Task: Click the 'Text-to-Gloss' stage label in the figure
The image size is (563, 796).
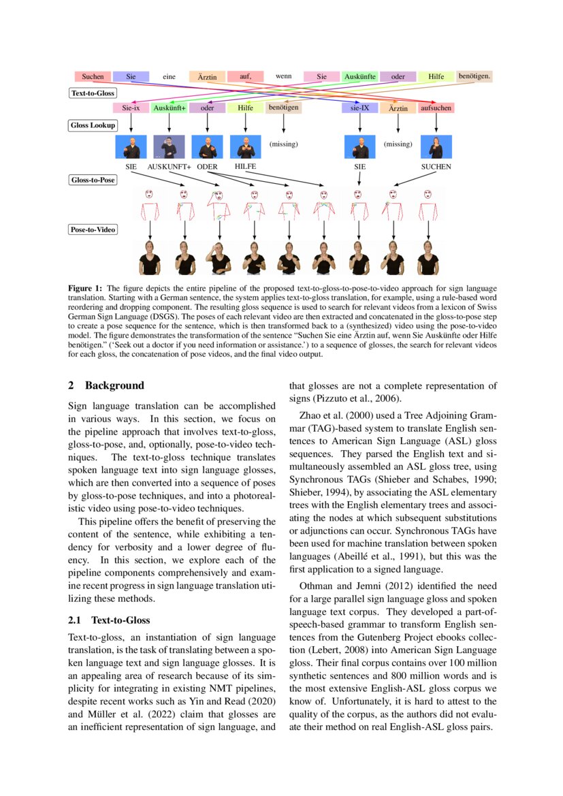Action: (93, 93)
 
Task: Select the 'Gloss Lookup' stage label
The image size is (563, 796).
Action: (93, 125)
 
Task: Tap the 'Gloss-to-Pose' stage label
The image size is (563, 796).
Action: (93, 180)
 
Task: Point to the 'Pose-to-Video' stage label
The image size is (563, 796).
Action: (93, 229)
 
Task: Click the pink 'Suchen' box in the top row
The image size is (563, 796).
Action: (93, 77)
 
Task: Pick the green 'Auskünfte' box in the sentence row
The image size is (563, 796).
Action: (360, 77)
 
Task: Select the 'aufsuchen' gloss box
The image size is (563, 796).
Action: (436, 108)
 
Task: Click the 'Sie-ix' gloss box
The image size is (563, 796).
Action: (131, 108)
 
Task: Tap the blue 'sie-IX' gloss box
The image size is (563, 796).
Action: (359, 108)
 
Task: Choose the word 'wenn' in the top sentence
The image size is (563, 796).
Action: (283, 76)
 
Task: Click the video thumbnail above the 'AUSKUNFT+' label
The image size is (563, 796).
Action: (170, 146)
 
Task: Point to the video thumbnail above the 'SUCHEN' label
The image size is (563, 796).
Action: (436, 146)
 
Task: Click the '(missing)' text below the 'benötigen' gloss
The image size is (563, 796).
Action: (283, 144)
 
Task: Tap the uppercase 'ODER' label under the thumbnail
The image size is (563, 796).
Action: (207, 166)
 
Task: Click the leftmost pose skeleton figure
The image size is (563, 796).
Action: (149, 204)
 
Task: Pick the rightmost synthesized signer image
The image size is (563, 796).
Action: (428, 257)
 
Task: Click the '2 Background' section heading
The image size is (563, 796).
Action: (106, 385)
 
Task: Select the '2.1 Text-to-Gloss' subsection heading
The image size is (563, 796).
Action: (109, 620)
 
